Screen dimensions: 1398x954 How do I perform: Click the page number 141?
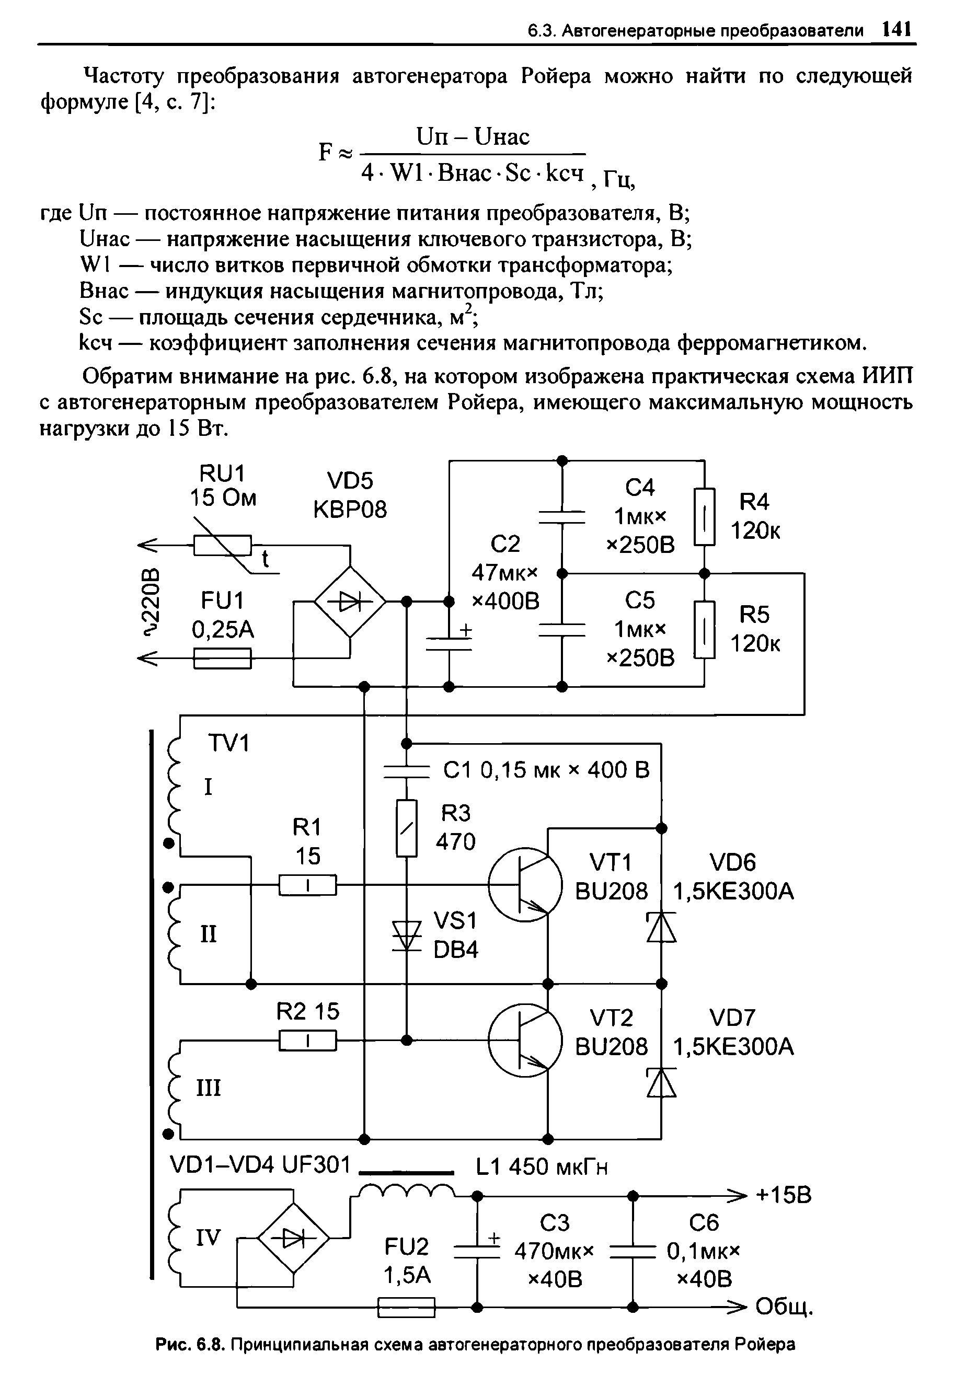point(895,28)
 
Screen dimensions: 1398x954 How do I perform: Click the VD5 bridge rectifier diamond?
point(350,601)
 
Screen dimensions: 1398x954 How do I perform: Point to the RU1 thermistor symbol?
point(223,545)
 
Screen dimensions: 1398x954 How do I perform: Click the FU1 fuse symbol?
point(222,658)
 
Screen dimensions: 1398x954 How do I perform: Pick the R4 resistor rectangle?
point(704,517)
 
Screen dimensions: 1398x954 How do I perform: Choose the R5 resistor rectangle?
point(704,630)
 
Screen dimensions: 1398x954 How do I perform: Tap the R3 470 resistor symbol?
point(407,828)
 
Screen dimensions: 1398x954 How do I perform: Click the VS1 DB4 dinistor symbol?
point(407,937)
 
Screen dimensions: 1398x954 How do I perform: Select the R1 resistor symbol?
point(307,885)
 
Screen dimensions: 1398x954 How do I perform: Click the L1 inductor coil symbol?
point(406,1191)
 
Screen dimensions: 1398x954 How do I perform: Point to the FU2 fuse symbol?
point(406,1307)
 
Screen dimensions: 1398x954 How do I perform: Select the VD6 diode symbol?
point(661,927)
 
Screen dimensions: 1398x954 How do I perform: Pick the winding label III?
point(208,1088)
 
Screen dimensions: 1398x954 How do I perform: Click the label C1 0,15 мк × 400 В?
point(546,770)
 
